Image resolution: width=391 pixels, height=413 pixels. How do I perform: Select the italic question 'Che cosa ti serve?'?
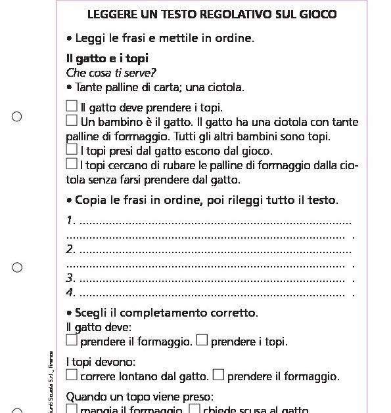(111, 73)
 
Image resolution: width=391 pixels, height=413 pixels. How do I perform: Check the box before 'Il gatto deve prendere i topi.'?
(72, 106)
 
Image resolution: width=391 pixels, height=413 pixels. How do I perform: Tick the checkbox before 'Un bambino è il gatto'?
(72, 121)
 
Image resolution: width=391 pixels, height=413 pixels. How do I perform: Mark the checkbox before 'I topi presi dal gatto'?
(72, 149)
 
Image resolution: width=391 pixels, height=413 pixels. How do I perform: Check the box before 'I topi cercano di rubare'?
(72, 164)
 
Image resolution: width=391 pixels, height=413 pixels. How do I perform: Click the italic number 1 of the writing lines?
(70, 220)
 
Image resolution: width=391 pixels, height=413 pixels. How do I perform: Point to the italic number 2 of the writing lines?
(70, 249)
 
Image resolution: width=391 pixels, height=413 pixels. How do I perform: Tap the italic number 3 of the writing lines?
(70, 278)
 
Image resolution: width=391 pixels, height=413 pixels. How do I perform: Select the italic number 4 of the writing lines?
(70, 292)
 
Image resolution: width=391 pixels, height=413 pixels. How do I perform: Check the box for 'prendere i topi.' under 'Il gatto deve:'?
(202, 340)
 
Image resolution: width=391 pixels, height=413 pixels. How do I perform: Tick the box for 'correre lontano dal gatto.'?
(72, 375)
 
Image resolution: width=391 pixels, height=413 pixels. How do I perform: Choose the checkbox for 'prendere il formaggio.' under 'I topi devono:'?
(219, 375)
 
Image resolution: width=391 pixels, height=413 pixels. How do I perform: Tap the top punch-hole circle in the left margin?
(17, 117)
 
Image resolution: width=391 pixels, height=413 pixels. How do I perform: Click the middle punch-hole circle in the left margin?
(17, 267)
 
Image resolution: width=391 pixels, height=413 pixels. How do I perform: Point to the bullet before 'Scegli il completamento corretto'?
(69, 312)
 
